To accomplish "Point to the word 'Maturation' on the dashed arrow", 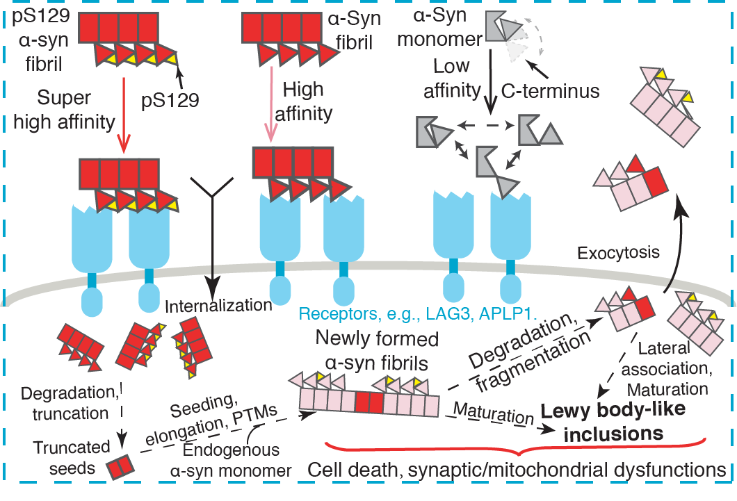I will click(489, 413).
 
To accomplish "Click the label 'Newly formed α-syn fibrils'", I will click(377, 352).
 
